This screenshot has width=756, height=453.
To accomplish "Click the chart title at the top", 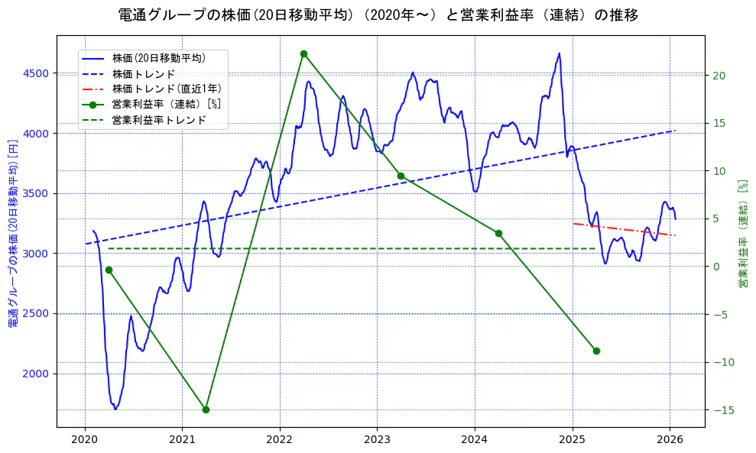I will coord(378,15).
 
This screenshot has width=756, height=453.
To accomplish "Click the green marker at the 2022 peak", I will coord(303,53).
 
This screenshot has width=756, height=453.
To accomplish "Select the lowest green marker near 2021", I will coord(206,409).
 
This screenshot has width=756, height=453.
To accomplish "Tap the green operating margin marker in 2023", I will coord(401,176).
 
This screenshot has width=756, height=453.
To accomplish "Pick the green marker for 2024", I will coord(498,233).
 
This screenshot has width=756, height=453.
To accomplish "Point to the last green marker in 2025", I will coord(596,351).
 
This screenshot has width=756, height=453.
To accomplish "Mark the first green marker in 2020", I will coord(109,270).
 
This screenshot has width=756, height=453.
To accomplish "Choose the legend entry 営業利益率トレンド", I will coord(159,120).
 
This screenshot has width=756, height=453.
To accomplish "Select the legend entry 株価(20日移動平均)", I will coord(159,57).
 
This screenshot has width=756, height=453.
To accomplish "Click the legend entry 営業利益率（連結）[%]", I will coord(167,104).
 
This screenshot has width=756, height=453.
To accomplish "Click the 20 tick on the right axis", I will coord(719,75).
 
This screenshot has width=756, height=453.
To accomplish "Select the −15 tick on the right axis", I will coord(722,410).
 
